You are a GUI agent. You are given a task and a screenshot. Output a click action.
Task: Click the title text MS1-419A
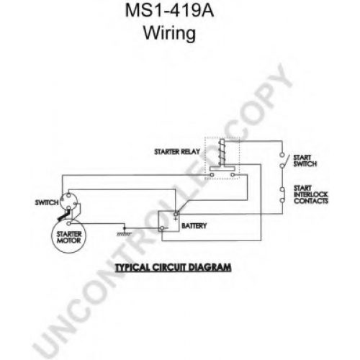pyautogui.click(x=169, y=10)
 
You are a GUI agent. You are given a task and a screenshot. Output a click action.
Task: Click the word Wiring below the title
pyautogui.click(x=169, y=33)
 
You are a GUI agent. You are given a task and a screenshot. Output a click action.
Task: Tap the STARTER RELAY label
pyautogui.click(x=177, y=152)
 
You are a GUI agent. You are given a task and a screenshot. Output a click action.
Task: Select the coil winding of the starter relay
pyautogui.click(x=222, y=152)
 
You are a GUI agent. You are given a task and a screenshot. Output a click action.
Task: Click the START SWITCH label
pyautogui.click(x=305, y=161)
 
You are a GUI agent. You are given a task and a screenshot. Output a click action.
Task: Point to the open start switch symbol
pyautogui.click(x=283, y=160)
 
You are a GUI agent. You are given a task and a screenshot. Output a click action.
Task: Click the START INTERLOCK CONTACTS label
pyautogui.click(x=311, y=194)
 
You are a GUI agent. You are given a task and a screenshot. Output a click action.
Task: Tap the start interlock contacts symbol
pyautogui.click(x=282, y=194)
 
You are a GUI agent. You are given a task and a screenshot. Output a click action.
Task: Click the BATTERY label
pyautogui.click(x=194, y=226)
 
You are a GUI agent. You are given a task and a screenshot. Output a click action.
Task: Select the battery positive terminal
pyautogui.click(x=176, y=214)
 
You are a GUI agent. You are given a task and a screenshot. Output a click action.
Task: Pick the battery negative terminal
pyautogui.click(x=162, y=228)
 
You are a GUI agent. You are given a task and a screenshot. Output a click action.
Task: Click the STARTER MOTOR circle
pyautogui.click(x=69, y=236)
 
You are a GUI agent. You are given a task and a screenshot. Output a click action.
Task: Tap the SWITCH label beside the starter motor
pyautogui.click(x=47, y=203)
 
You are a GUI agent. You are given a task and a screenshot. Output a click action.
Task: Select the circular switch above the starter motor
pyautogui.click(x=69, y=202)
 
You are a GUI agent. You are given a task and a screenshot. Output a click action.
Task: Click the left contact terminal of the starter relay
pyautogui.click(x=212, y=175)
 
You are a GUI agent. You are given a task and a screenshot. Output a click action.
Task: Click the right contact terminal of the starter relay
pyautogui.click(x=232, y=175)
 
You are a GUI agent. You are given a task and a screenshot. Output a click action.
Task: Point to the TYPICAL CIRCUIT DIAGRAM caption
pyautogui.click(x=174, y=267)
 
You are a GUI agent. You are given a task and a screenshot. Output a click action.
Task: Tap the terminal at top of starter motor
pyautogui.click(x=68, y=224)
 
